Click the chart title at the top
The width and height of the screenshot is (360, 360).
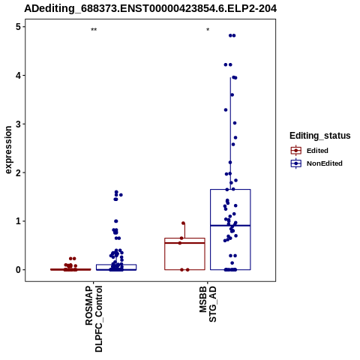150,8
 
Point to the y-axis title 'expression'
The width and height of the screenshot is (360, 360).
8,150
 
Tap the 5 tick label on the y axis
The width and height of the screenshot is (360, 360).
19,27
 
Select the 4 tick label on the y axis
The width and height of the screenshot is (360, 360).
19,75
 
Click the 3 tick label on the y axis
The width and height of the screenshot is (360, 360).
19,124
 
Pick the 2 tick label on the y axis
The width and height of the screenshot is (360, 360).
19,172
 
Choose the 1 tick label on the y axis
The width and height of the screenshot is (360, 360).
19,221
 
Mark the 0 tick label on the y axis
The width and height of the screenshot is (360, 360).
19,270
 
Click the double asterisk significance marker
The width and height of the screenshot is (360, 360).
94,30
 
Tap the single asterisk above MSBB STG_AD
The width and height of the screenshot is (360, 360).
208,30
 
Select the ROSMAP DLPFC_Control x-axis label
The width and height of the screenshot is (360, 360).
94,319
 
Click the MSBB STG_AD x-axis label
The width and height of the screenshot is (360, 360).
208,304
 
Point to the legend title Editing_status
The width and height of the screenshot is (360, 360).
320,136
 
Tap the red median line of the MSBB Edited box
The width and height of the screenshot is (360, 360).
184,243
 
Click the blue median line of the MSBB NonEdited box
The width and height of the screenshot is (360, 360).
230,226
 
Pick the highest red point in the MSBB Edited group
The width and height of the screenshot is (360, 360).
183,223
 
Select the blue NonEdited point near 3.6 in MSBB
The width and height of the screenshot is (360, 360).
232,94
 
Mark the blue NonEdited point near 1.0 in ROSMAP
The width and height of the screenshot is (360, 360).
116,221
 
